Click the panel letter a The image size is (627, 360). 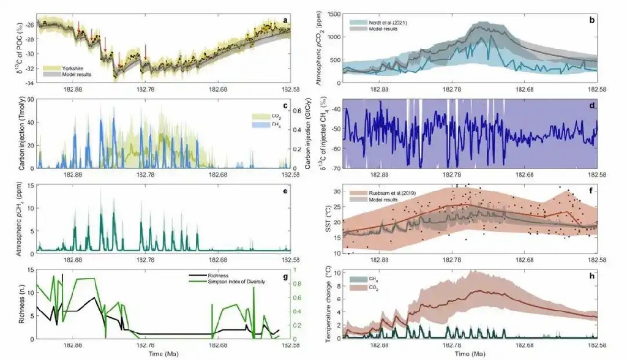pyautogui.click(x=285, y=20)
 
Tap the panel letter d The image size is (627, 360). pyautogui.click(x=592, y=106)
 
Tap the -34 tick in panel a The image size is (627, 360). pyautogui.click(x=29, y=82)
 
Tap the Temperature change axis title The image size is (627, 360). pyautogui.click(x=321, y=304)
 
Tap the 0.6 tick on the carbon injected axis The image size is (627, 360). pyautogui.click(x=299, y=111)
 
